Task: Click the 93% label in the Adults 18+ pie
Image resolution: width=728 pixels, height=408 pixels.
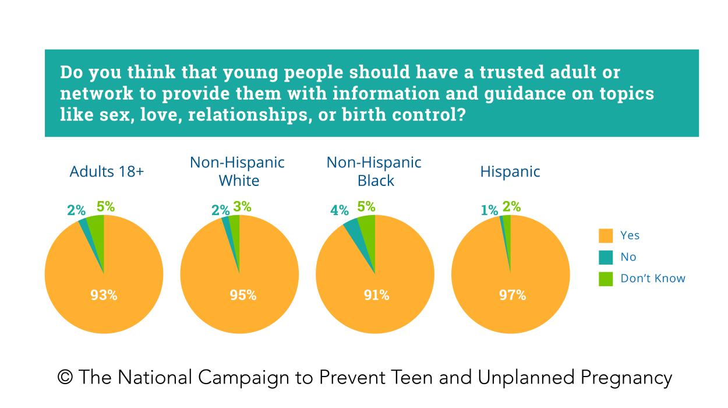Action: pyautogui.click(x=104, y=295)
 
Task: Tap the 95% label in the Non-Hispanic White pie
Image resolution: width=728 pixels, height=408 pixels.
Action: pyautogui.click(x=243, y=295)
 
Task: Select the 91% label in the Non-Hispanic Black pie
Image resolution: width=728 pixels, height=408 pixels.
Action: pyautogui.click(x=376, y=295)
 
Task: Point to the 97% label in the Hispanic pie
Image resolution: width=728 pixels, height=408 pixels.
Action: pyautogui.click(x=513, y=295)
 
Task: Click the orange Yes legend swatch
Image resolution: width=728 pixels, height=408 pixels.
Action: pyautogui.click(x=606, y=235)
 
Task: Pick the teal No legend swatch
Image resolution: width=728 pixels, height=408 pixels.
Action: pyautogui.click(x=606, y=257)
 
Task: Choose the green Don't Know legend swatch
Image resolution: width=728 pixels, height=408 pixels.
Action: pyautogui.click(x=606, y=279)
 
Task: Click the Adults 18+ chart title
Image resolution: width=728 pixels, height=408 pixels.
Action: pyautogui.click(x=107, y=172)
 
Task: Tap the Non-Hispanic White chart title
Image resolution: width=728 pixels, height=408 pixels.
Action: pyautogui.click(x=238, y=171)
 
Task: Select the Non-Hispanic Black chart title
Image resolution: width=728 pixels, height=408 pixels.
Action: pyautogui.click(x=374, y=171)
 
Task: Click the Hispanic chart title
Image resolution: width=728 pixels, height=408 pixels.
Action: pyautogui.click(x=510, y=172)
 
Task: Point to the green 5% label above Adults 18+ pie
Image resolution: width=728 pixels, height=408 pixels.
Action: pyautogui.click(x=105, y=206)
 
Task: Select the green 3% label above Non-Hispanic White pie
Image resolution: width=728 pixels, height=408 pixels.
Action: pyautogui.click(x=243, y=206)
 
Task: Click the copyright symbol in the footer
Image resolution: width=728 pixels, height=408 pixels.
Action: pyautogui.click(x=65, y=378)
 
